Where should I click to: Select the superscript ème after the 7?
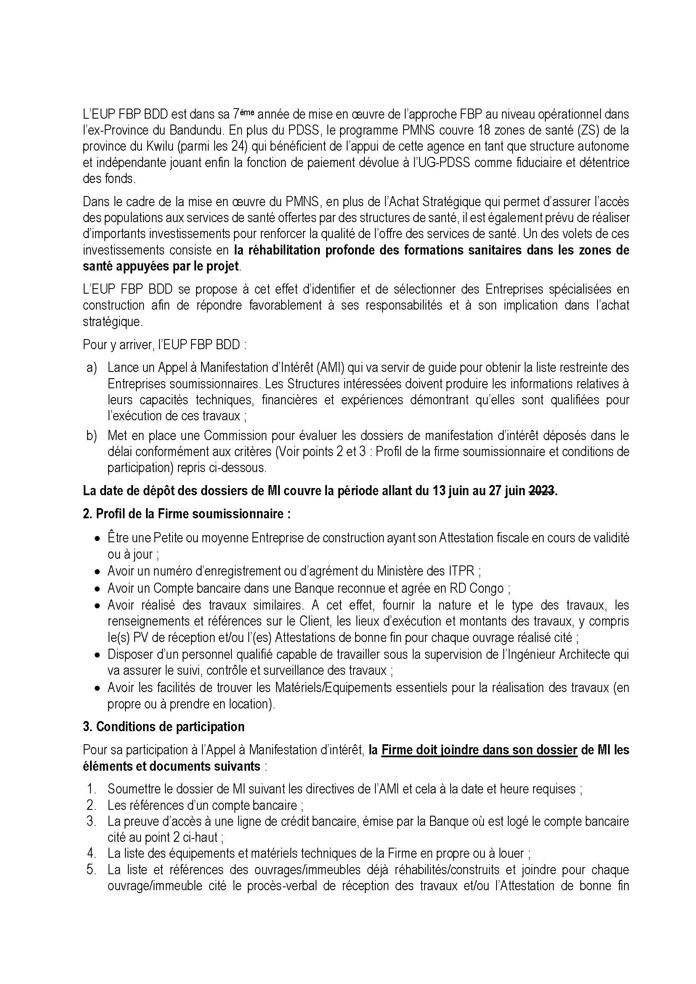[247, 112]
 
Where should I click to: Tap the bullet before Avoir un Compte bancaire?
[98, 589]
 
